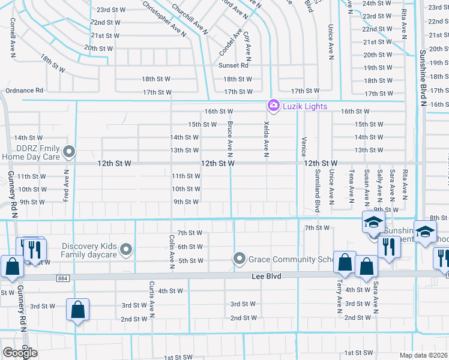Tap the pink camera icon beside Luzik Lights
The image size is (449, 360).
pyautogui.click(x=273, y=106)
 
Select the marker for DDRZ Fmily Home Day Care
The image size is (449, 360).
pyautogui.click(x=70, y=152)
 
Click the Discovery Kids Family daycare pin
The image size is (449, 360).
pyautogui.click(x=126, y=249)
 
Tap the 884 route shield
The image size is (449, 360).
pyautogui.click(x=63, y=278)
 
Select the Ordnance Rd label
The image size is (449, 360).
pyautogui.click(x=25, y=91)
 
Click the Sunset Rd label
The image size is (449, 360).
pyautogui.click(x=234, y=65)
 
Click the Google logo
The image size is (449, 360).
pyautogui.click(x=20, y=353)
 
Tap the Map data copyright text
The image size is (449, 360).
pyautogui.click(x=424, y=355)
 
